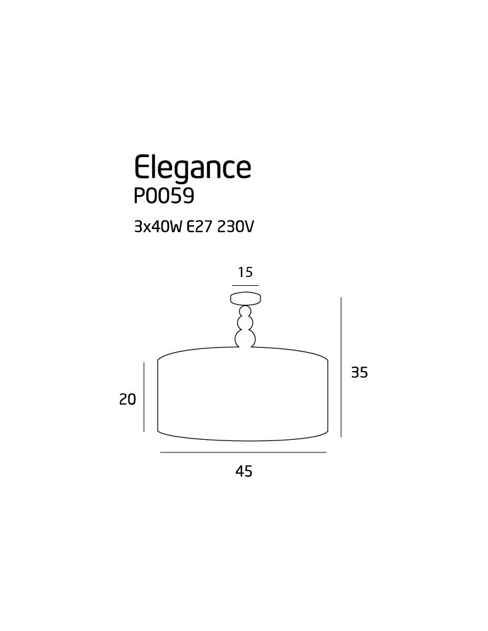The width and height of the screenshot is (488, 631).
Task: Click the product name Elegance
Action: [x=192, y=168]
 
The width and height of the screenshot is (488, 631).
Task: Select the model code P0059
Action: [x=164, y=196]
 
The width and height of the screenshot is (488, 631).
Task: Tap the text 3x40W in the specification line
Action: [x=158, y=227]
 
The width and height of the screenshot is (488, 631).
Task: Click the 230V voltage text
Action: [x=236, y=227]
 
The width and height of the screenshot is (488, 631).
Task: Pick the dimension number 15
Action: [x=245, y=273]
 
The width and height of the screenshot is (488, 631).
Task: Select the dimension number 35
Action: [x=359, y=373]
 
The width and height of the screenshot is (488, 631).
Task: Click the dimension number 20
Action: [x=127, y=399]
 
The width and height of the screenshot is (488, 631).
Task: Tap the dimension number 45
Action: [x=243, y=471]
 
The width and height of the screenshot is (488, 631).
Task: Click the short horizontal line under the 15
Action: [x=245, y=285]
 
